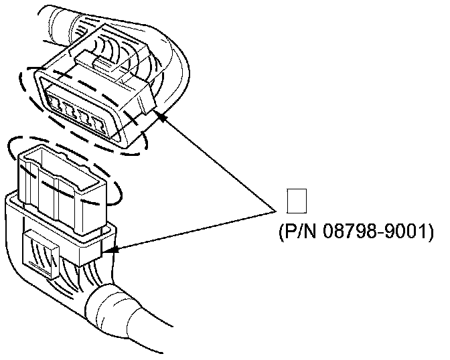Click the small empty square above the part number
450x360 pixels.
[296, 201]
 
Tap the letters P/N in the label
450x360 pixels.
[297, 232]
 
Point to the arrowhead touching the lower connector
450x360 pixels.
[112, 250]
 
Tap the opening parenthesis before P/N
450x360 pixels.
[281, 232]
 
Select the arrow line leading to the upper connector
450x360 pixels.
[221, 161]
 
